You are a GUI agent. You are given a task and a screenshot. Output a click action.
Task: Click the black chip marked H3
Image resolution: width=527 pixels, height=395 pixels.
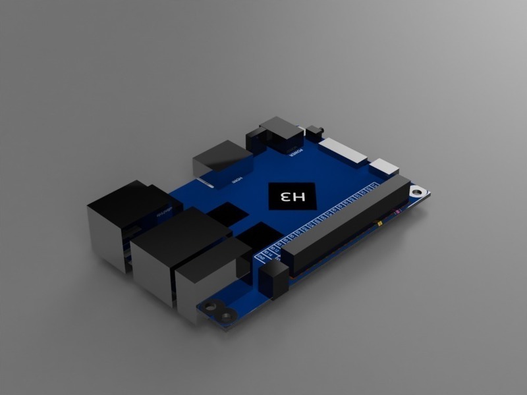(x=292, y=196)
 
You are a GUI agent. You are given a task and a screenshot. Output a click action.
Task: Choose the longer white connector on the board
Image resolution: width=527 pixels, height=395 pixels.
(x=345, y=151)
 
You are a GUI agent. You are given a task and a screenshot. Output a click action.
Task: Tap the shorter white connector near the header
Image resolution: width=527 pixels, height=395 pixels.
(x=384, y=167)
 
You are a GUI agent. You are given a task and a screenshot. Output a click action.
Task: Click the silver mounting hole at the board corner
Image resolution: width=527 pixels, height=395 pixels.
(x=416, y=192)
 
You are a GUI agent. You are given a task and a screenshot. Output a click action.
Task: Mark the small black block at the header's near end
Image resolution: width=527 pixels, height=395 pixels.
(x=273, y=280)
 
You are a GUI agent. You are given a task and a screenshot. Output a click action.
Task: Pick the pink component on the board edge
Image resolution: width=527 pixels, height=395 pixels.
(x=397, y=213)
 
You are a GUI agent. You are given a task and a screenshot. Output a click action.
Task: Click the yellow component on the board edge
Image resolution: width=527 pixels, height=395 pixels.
(x=381, y=224)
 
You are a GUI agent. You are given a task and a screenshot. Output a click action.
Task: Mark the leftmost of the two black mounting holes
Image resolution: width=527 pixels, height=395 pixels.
(x=213, y=306)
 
